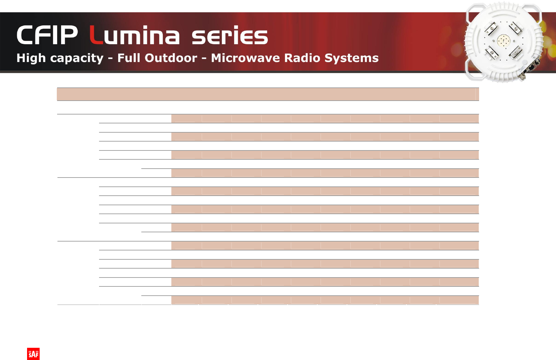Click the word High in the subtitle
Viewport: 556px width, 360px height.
(x=31, y=58)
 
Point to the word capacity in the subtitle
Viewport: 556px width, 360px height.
(x=77, y=59)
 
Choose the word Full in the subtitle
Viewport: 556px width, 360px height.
(x=129, y=58)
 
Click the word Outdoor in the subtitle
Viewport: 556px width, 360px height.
(x=171, y=58)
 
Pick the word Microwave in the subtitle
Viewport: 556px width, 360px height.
(x=245, y=58)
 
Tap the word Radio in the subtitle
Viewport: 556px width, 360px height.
(x=302, y=58)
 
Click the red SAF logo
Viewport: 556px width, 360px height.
(x=33, y=354)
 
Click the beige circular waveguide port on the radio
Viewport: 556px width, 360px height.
(x=504, y=41)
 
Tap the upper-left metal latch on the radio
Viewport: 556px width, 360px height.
(x=491, y=29)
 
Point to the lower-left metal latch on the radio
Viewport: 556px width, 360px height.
(x=492, y=52)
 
